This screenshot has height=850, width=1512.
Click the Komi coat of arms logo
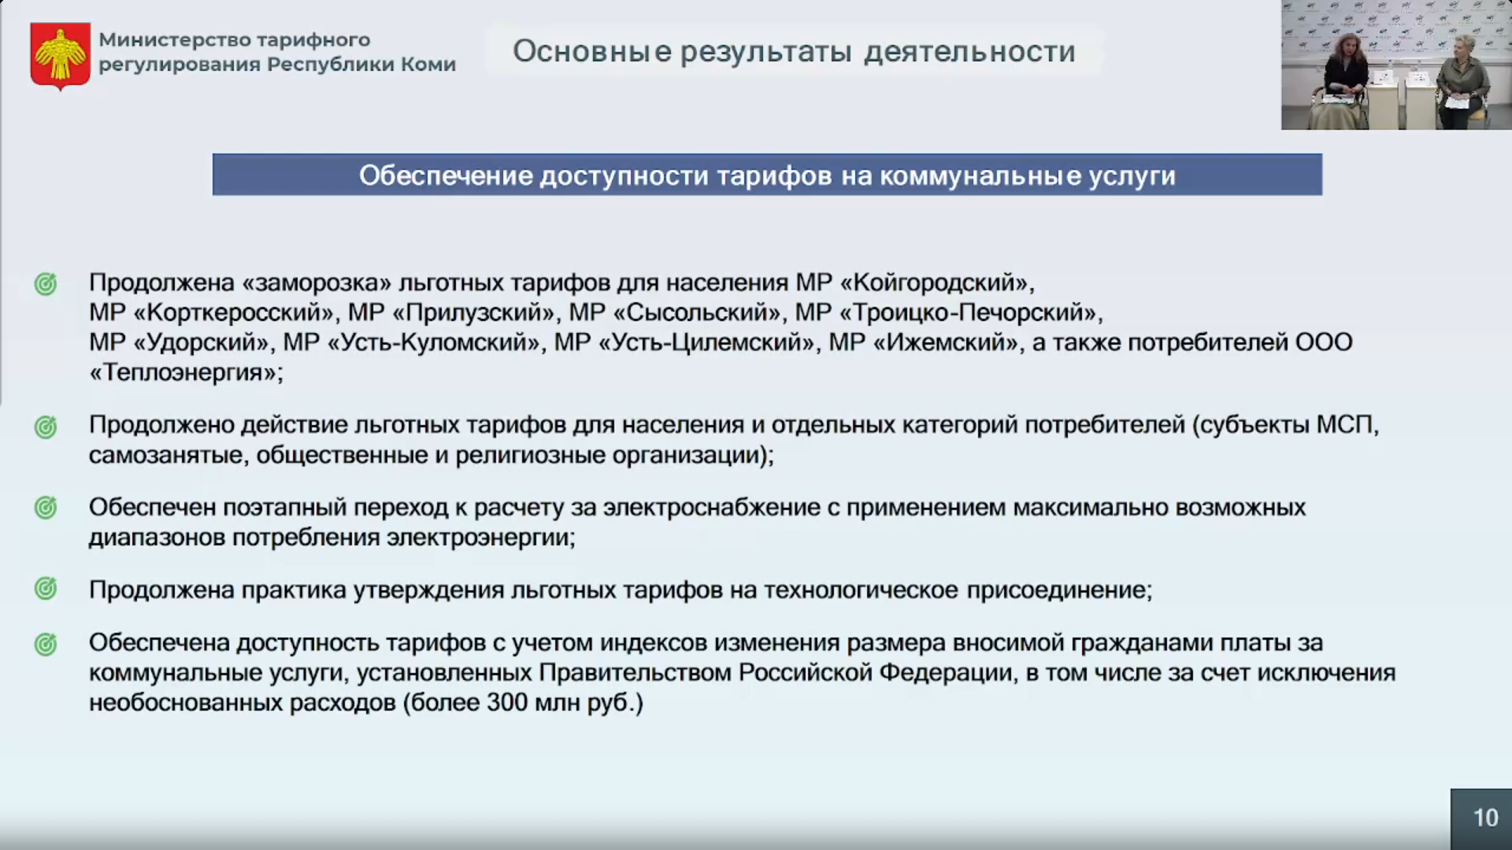coord(60,56)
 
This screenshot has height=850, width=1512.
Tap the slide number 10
coord(1485,818)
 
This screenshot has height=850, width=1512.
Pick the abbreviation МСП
coord(1344,425)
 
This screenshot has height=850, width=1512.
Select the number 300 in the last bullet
coord(507,702)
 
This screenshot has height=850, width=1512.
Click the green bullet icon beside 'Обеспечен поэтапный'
coord(46,508)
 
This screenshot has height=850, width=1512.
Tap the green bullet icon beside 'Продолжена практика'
coord(46,589)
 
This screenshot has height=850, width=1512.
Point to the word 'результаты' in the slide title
coord(766,52)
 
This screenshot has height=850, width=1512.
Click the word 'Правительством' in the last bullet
coord(636,673)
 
